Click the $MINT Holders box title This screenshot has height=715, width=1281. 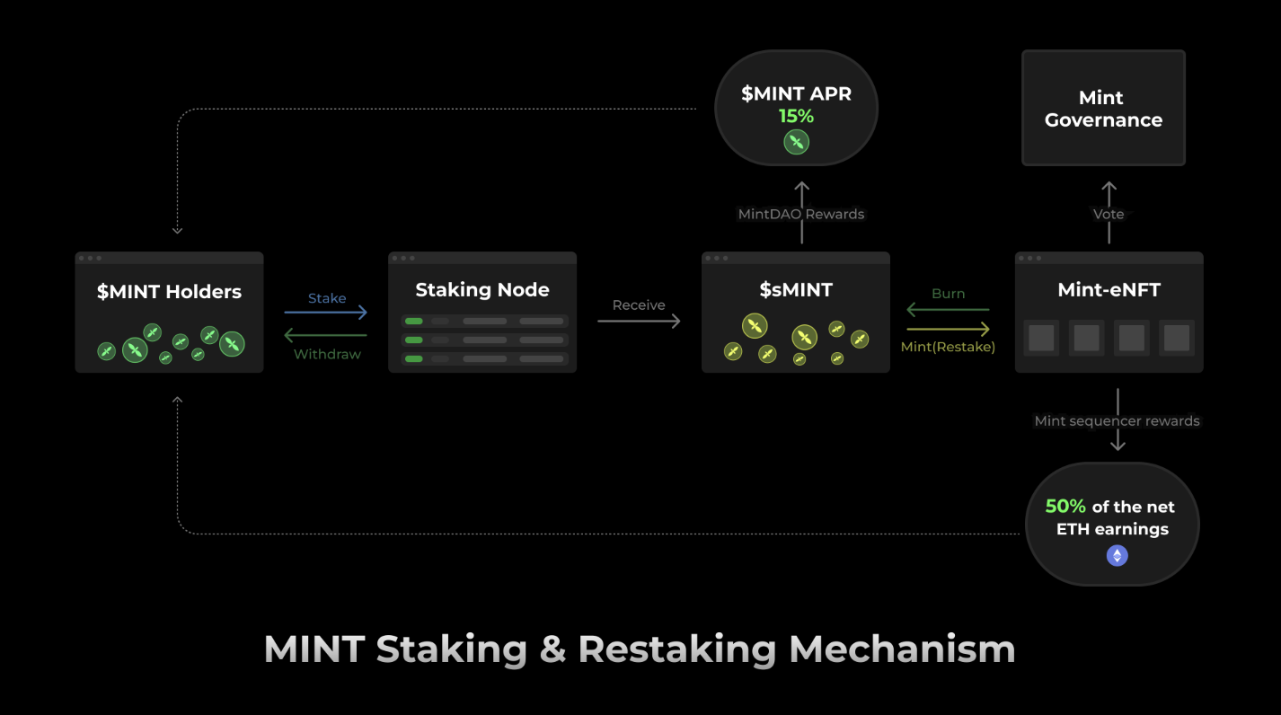[x=169, y=292]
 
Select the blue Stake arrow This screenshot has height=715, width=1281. [x=325, y=313]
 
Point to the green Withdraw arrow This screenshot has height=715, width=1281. [x=325, y=336]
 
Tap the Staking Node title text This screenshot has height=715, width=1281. [x=482, y=290]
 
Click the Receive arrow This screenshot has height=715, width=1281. [x=639, y=321]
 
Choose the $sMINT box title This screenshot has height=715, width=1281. [x=796, y=290]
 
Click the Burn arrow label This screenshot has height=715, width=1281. [x=948, y=294]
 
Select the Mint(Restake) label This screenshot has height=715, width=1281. [x=948, y=347]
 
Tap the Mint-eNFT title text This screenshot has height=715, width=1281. [x=1109, y=290]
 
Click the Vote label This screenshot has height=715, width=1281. [x=1109, y=214]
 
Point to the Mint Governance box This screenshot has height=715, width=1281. [x=1103, y=109]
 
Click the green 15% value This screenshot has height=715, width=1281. [x=796, y=116]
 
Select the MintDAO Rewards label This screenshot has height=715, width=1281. [x=801, y=214]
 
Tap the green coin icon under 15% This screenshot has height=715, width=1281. [x=796, y=142]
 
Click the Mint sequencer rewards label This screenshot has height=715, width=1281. [x=1117, y=420]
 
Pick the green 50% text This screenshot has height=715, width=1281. [x=1065, y=507]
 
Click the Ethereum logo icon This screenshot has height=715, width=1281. [x=1117, y=556]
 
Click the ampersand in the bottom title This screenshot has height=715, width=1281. [x=552, y=649]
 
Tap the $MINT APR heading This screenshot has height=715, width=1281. [x=796, y=93]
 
